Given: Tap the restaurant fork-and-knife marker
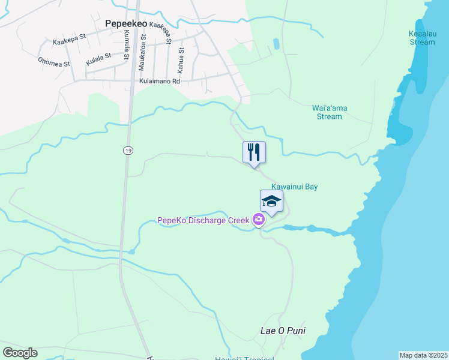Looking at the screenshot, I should point(254,152).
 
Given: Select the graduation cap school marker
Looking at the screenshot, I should point(271,202).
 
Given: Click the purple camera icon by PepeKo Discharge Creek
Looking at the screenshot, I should point(259,220).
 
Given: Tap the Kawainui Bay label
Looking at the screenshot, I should point(294,187).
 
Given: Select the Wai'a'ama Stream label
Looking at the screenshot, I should point(330,112).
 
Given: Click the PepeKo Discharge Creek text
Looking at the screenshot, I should point(203,220).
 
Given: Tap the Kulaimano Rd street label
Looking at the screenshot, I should point(159,81).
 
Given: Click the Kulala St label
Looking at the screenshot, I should point(98,59).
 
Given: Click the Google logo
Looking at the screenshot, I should point(20,353).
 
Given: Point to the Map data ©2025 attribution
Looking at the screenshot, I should point(423,355).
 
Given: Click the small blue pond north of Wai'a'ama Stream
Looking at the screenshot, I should point(276,44).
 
